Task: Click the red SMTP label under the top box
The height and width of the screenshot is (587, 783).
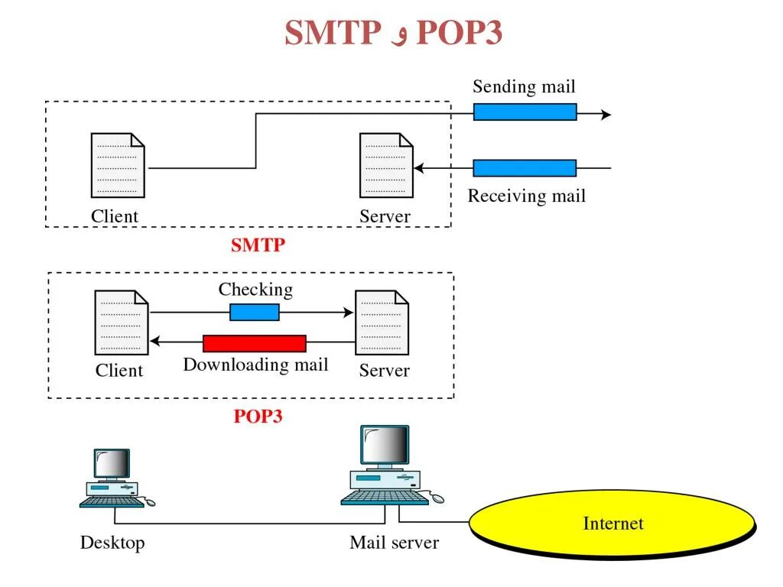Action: click(x=258, y=245)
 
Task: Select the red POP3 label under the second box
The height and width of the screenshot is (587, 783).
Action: click(x=258, y=417)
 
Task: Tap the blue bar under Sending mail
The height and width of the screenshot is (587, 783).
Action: click(x=525, y=112)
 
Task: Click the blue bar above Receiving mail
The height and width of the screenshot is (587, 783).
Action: click(x=525, y=168)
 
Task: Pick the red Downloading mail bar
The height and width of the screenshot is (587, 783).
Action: click(x=255, y=343)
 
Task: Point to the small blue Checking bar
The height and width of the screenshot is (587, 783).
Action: click(x=255, y=312)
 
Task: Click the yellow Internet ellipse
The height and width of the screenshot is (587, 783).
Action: click(x=612, y=524)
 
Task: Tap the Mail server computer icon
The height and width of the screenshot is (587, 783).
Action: click(x=385, y=466)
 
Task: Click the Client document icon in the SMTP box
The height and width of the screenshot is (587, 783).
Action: click(x=118, y=165)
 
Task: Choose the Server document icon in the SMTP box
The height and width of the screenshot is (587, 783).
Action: click(x=386, y=165)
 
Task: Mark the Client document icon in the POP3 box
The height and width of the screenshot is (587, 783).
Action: click(x=122, y=322)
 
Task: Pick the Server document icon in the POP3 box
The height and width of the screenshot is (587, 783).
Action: click(x=382, y=322)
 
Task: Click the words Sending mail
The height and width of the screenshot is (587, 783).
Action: click(x=524, y=86)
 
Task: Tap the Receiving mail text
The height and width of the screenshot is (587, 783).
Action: click(x=526, y=196)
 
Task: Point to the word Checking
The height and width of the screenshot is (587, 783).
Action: click(x=255, y=290)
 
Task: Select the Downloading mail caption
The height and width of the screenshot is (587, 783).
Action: click(x=255, y=365)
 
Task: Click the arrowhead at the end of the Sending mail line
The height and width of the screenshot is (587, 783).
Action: click(x=606, y=115)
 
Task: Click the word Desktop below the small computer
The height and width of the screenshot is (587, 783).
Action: click(x=112, y=543)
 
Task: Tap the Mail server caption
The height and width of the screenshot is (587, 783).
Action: click(x=394, y=543)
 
